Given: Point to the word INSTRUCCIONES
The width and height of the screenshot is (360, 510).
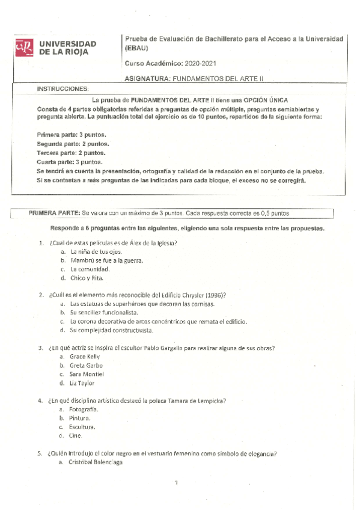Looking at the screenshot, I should [x=63, y=88].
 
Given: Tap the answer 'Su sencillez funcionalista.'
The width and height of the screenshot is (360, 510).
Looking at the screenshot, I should [x=104, y=313].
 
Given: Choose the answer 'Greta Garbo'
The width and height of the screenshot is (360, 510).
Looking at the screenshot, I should [x=87, y=365].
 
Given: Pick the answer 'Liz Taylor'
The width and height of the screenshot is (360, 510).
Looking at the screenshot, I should [x=82, y=383].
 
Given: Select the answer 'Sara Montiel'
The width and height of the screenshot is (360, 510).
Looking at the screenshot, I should [x=88, y=374].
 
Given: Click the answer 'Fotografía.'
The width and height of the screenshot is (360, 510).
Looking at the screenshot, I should [x=84, y=410].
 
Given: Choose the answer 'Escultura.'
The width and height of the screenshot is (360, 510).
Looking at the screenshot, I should [x=82, y=426].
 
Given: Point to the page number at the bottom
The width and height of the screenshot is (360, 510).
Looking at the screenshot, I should [x=177, y=482].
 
